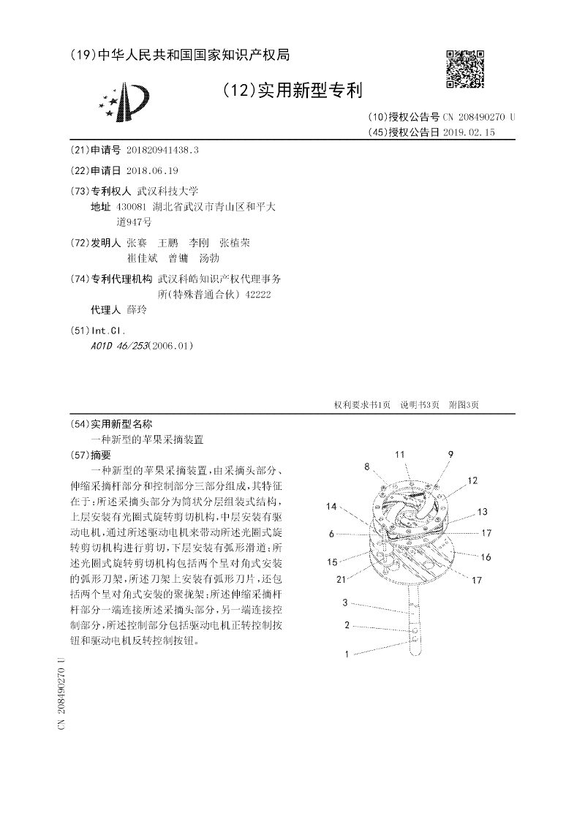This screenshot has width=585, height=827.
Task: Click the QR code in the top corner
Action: point(465,69)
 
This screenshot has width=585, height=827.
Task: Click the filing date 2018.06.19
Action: point(152,170)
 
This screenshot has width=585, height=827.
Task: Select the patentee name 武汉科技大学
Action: point(157,191)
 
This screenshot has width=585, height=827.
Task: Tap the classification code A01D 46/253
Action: point(117,345)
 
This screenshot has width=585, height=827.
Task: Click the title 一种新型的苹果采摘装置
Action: point(146,440)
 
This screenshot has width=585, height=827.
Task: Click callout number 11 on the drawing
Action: point(400,455)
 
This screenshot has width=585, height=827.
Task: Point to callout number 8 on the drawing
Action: point(366,466)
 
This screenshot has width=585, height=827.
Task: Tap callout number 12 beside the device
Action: point(472,480)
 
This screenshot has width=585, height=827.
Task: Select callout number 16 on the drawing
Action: point(486,557)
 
